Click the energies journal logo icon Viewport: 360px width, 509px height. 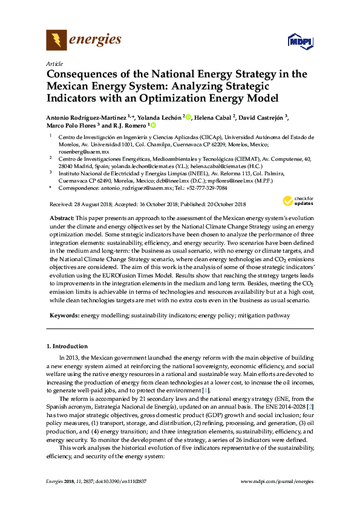click(x=57, y=41)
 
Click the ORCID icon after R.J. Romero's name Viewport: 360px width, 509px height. click(x=152, y=126)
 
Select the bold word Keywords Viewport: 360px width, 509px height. click(x=62, y=316)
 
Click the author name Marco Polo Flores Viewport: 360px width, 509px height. click(x=68, y=126)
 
